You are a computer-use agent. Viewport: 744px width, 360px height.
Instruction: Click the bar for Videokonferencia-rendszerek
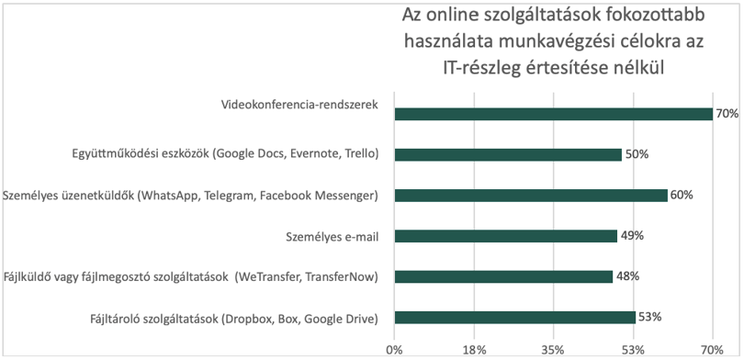(553, 114)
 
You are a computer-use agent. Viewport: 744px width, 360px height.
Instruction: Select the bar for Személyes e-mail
(506, 236)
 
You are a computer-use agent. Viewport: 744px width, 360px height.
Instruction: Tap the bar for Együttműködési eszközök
(508, 155)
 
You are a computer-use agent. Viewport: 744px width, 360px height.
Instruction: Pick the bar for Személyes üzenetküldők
(531, 196)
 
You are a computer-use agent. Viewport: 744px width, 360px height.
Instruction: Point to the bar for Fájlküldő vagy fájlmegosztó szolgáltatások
(503, 277)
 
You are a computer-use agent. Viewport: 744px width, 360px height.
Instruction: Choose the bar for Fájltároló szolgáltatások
(514, 318)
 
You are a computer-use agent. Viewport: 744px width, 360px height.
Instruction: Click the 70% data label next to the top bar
(727, 114)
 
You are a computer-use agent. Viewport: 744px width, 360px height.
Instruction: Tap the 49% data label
(632, 236)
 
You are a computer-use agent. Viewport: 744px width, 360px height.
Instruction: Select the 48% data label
(627, 276)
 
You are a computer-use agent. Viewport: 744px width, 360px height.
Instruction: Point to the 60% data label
(682, 195)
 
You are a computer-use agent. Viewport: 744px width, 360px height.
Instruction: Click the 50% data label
(637, 154)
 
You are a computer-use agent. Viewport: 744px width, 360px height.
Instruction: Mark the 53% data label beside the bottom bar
(650, 317)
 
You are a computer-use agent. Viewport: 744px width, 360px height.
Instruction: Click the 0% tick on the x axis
(394, 350)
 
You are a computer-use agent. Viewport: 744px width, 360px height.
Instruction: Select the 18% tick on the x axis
(475, 350)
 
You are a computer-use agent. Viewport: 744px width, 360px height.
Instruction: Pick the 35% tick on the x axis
(553, 350)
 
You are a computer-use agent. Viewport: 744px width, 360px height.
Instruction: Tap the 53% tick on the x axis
(634, 350)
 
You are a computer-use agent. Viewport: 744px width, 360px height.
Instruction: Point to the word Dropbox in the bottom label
(246, 319)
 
